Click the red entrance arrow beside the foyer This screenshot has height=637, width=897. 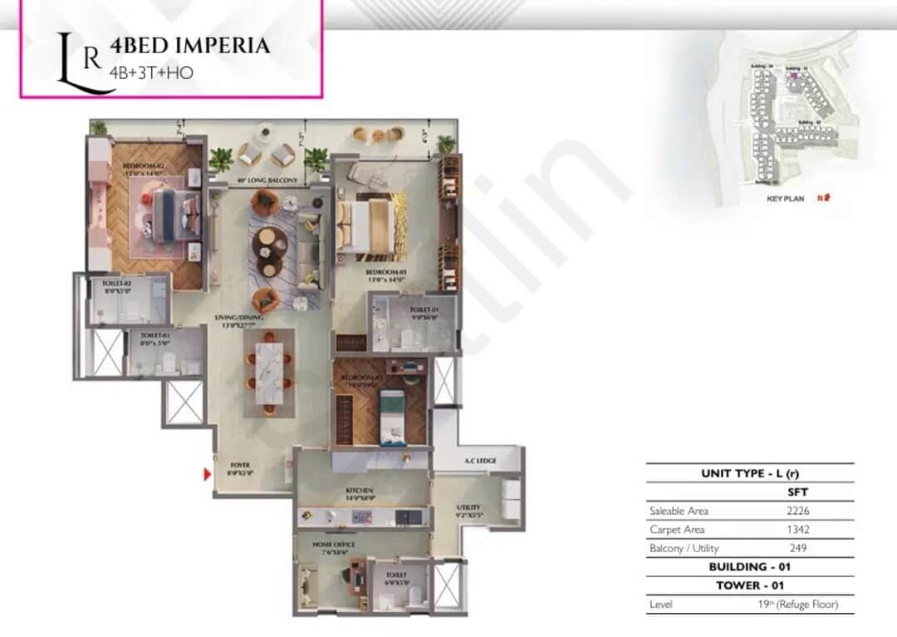click(208, 475)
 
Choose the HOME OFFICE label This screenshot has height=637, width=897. click(334, 544)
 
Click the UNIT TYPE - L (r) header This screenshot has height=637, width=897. click(750, 473)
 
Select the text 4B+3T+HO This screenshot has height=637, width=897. click(151, 72)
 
